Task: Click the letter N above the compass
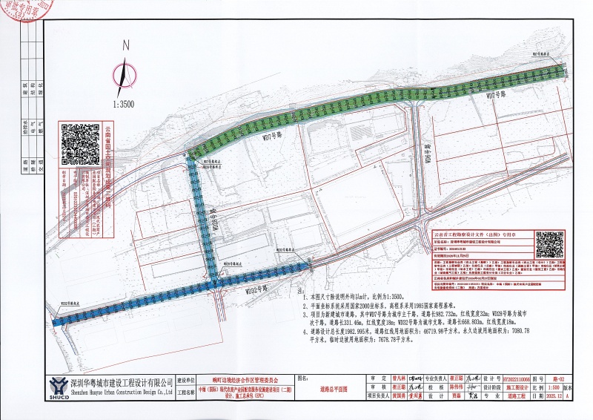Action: (127, 45)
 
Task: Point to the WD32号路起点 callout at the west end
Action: (70, 303)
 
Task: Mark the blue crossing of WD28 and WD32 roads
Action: (215, 283)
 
